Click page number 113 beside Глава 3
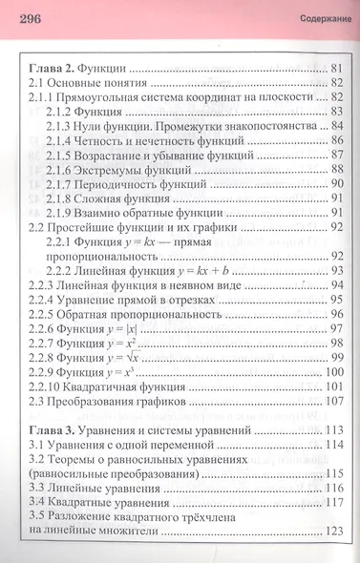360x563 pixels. [x=332, y=429]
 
